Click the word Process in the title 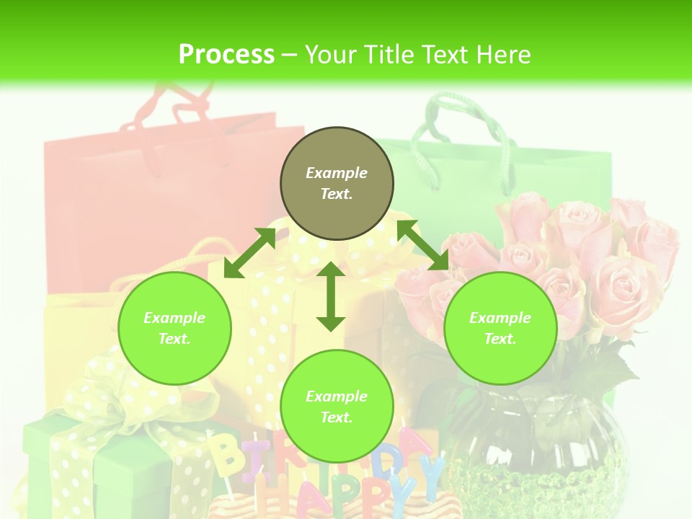click(x=226, y=54)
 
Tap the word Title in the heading click(x=390, y=54)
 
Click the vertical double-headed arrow click(x=331, y=296)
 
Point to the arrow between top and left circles click(x=249, y=253)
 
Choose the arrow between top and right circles click(x=422, y=245)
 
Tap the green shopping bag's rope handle click(x=461, y=126)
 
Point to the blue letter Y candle click(x=431, y=476)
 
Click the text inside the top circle click(x=337, y=183)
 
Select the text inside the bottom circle click(x=337, y=407)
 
